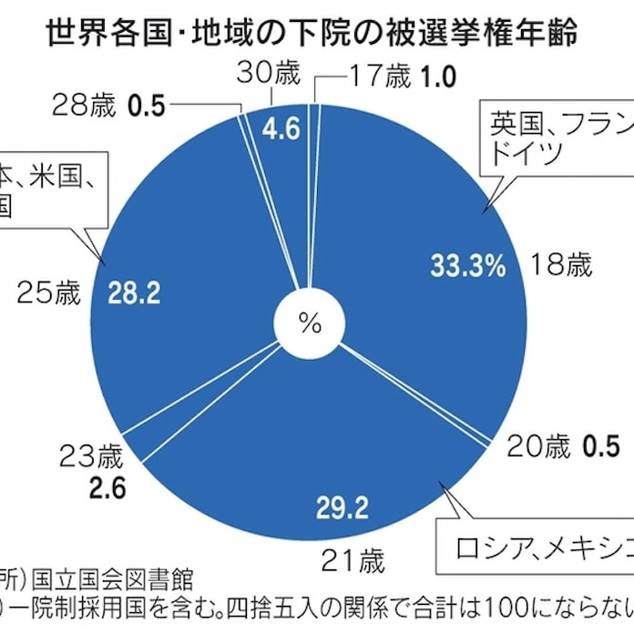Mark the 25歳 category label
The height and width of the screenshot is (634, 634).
48,292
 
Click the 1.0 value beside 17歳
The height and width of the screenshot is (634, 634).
437,77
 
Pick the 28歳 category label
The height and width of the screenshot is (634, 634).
87,106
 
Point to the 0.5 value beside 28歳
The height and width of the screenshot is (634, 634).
145,106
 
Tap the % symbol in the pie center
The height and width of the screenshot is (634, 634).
311,323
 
